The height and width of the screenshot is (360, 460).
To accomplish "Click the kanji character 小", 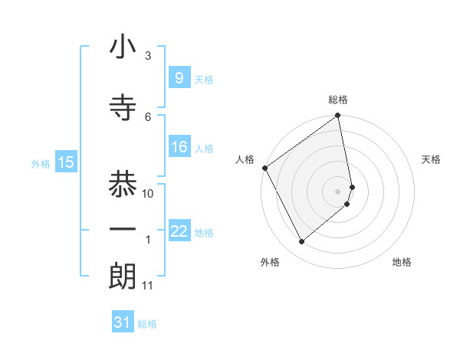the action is [x=123, y=47].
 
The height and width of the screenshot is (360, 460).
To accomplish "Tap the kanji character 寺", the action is [x=123, y=107].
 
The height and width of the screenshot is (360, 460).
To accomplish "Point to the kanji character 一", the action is [x=123, y=230].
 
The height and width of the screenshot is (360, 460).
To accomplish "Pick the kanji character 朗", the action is [x=123, y=277].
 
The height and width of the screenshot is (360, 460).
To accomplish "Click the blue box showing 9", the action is [x=179, y=77].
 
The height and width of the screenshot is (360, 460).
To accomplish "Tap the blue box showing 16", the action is [x=179, y=148].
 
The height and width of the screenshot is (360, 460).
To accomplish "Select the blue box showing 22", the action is [x=179, y=231].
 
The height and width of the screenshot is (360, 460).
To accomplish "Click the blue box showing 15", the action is [x=66, y=162].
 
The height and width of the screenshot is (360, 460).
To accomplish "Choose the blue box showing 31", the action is [x=122, y=322].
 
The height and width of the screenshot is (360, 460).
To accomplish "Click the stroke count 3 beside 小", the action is [x=148, y=56].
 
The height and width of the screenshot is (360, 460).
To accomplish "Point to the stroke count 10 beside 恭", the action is [x=149, y=194].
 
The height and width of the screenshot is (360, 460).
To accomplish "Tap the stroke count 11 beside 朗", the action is [x=147, y=286].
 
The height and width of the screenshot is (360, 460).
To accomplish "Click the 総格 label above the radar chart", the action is [x=338, y=100].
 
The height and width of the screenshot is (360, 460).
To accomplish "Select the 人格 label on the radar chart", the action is [x=245, y=159].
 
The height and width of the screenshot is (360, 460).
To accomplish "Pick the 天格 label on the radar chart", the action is [x=431, y=159].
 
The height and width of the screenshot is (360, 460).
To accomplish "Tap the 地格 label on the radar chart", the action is [x=402, y=262].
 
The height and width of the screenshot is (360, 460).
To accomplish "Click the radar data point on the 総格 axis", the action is [x=338, y=116].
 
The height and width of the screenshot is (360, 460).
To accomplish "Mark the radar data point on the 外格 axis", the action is [x=301, y=242].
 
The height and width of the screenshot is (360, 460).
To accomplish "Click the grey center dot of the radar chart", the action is [x=338, y=191].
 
